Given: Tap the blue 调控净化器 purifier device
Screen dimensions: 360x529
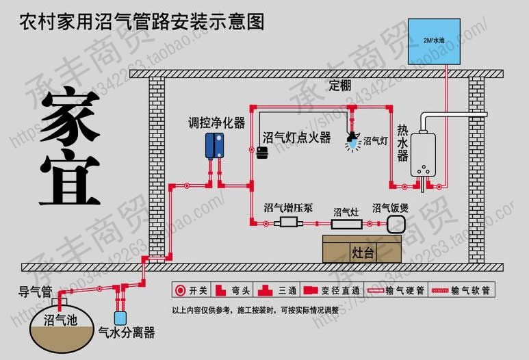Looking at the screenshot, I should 217,146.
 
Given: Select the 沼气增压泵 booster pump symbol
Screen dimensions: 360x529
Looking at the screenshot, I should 289,224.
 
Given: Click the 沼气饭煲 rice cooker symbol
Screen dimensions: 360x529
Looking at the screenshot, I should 397,224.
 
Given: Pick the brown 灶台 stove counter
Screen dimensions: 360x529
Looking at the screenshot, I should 363,249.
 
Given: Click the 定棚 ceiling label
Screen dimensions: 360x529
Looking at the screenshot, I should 340,86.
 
